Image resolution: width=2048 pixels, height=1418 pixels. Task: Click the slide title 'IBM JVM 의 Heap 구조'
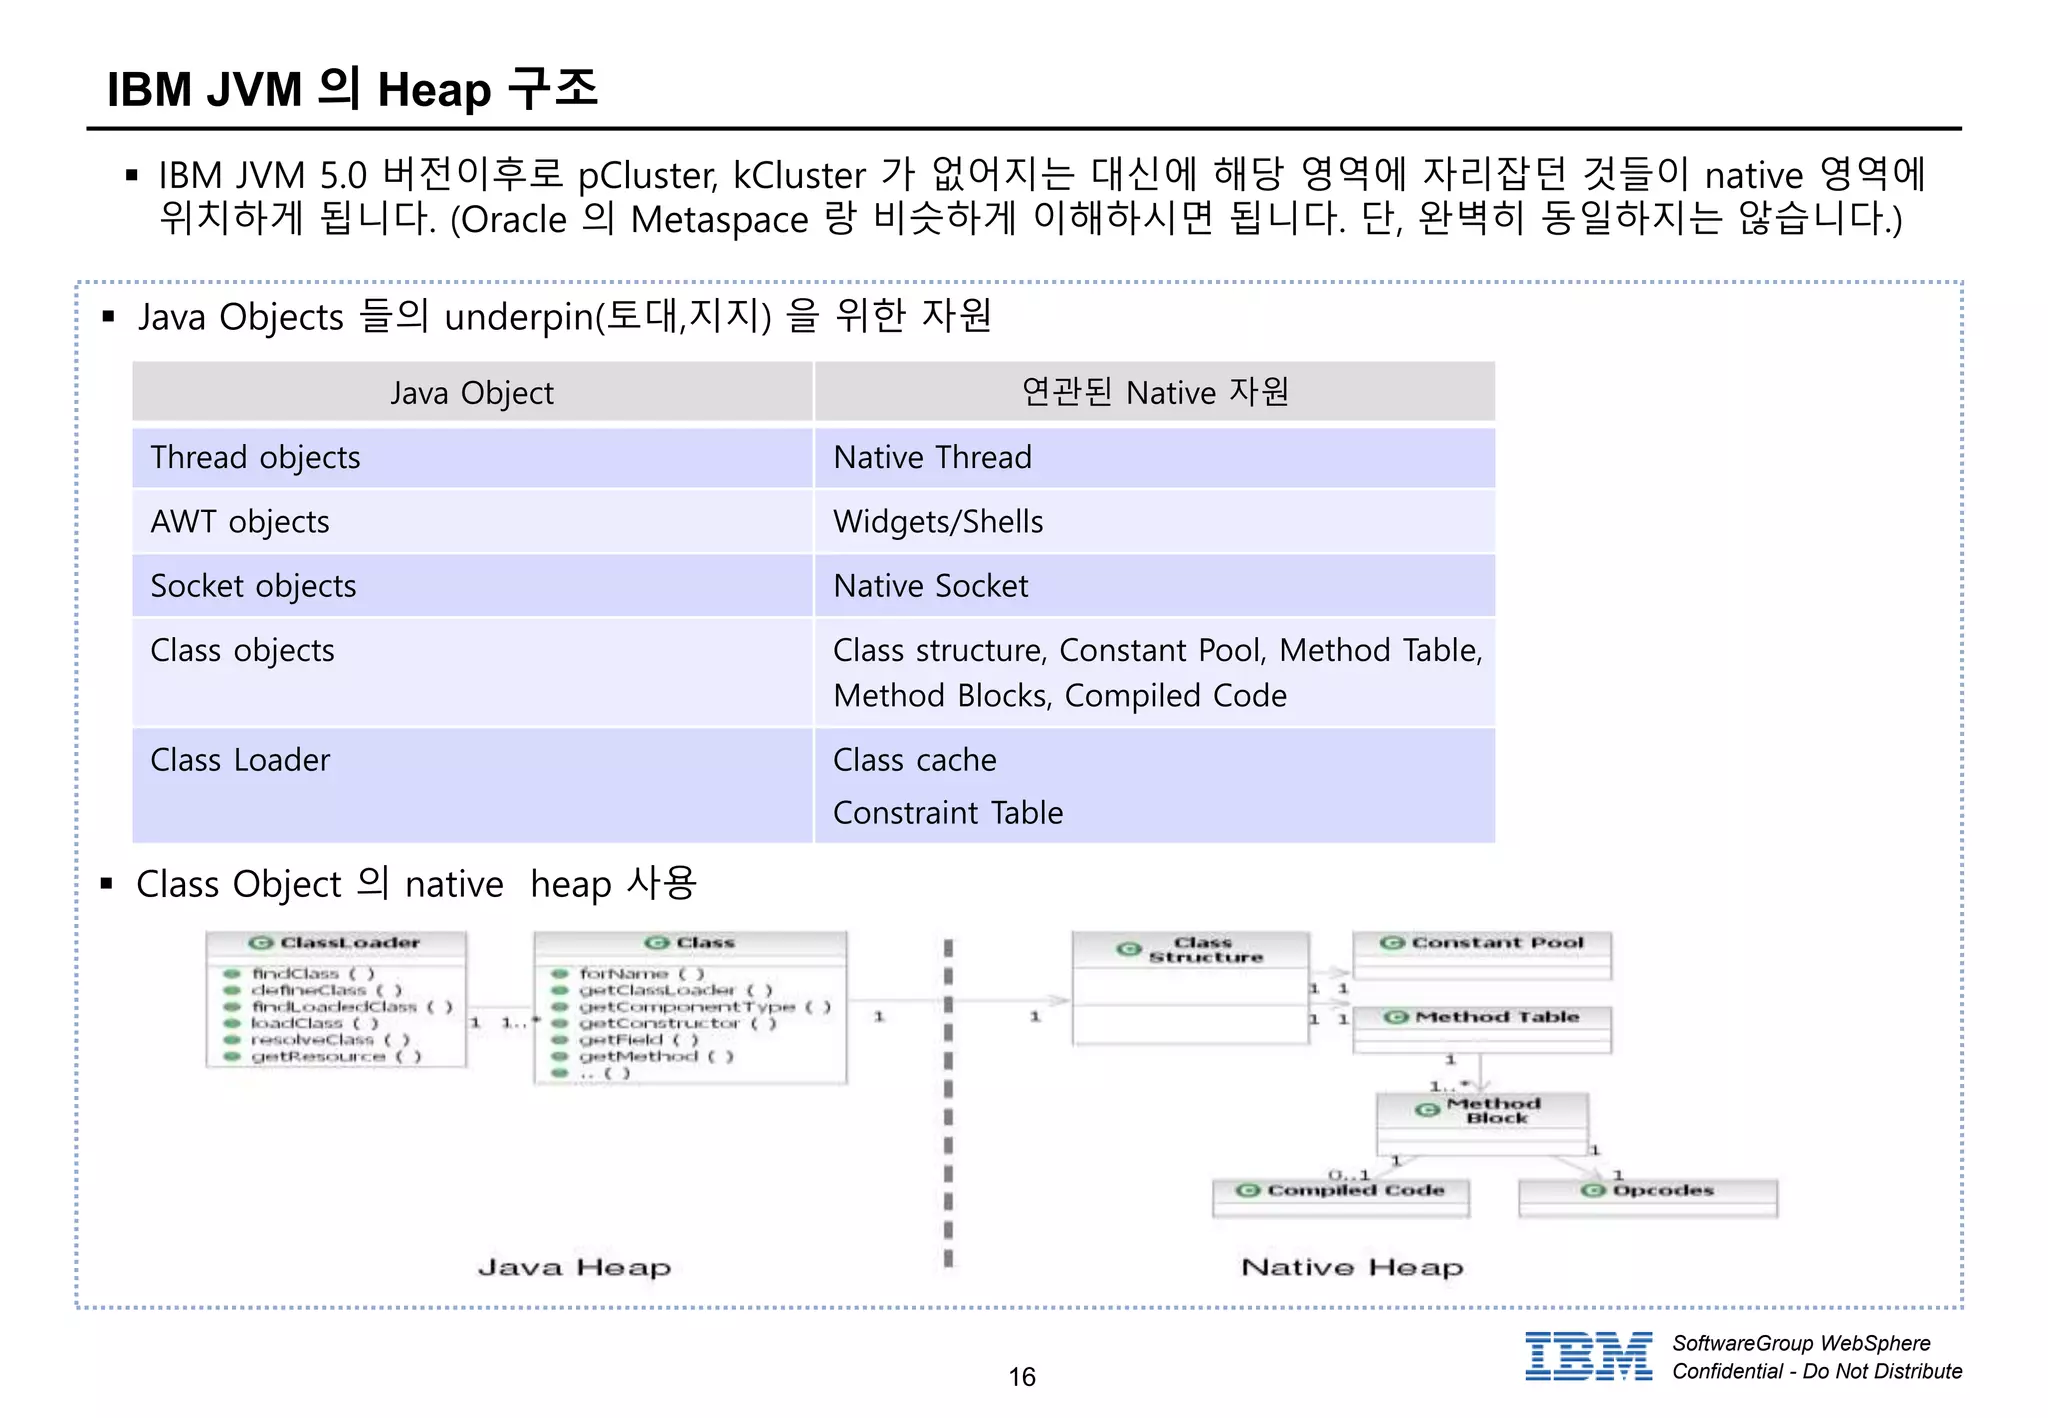[x=352, y=89]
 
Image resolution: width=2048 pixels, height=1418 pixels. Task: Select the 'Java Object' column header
[x=471, y=393]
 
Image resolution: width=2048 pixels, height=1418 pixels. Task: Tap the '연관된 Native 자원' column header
[x=1154, y=392]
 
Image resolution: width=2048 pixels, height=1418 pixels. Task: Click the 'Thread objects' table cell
[x=255, y=458]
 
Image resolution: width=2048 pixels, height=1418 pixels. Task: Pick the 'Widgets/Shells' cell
[x=938, y=522]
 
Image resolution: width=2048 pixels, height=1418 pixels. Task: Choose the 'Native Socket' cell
[x=930, y=586]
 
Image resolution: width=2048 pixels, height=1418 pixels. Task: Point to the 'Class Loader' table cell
[x=240, y=760]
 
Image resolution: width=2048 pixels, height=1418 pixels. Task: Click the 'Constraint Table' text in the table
[x=947, y=813]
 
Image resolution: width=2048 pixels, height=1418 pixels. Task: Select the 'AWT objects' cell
[x=240, y=522]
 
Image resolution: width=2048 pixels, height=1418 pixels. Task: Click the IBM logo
[x=1588, y=1356]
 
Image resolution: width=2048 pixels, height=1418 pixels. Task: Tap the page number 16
[x=1022, y=1377]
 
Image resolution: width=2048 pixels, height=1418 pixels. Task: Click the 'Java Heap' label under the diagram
[x=574, y=1268]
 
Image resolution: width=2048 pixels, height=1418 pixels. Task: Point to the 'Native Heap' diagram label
[x=1352, y=1268]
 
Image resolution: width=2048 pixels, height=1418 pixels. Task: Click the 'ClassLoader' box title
[x=336, y=943]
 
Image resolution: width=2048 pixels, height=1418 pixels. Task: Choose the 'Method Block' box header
[x=1482, y=1110]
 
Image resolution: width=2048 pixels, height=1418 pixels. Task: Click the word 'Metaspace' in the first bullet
[x=719, y=220]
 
